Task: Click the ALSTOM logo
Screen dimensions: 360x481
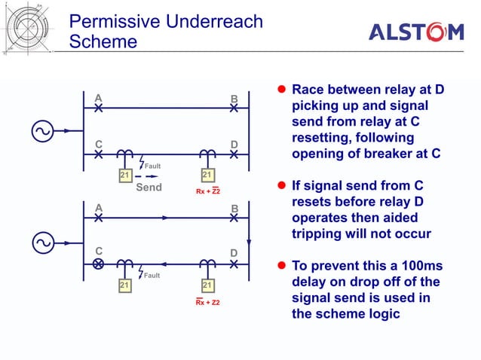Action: click(415, 32)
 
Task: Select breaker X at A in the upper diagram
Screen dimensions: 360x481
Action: click(98, 108)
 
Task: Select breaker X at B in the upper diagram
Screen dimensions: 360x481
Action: click(234, 108)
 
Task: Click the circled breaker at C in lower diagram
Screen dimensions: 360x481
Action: click(98, 264)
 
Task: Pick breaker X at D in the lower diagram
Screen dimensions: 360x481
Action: click(234, 264)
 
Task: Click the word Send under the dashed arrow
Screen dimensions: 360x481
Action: click(149, 187)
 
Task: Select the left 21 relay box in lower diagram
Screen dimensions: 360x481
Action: click(125, 285)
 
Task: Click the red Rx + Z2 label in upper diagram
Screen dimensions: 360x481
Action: click(207, 191)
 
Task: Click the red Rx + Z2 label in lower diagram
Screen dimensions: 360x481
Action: click(207, 303)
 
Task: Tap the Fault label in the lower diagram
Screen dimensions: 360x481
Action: click(153, 276)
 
